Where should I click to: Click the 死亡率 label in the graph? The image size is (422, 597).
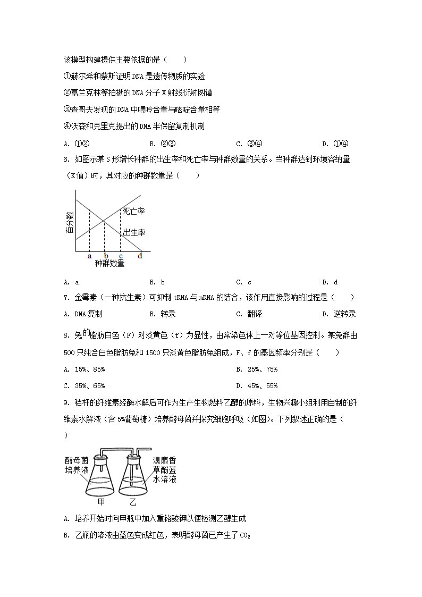coord(133,211)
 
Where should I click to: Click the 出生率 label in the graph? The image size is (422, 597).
coord(134,232)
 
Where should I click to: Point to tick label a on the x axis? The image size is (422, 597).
coord(90,256)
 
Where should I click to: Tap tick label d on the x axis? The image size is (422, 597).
coord(140,256)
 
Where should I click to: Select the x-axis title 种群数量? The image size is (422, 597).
coord(109,263)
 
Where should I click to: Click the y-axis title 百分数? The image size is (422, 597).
coord(70,223)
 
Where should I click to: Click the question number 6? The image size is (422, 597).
coord(65,159)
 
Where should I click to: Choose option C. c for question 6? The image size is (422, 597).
coord(243,282)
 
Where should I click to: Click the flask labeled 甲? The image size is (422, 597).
coord(102,476)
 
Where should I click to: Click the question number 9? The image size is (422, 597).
coord(65,403)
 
